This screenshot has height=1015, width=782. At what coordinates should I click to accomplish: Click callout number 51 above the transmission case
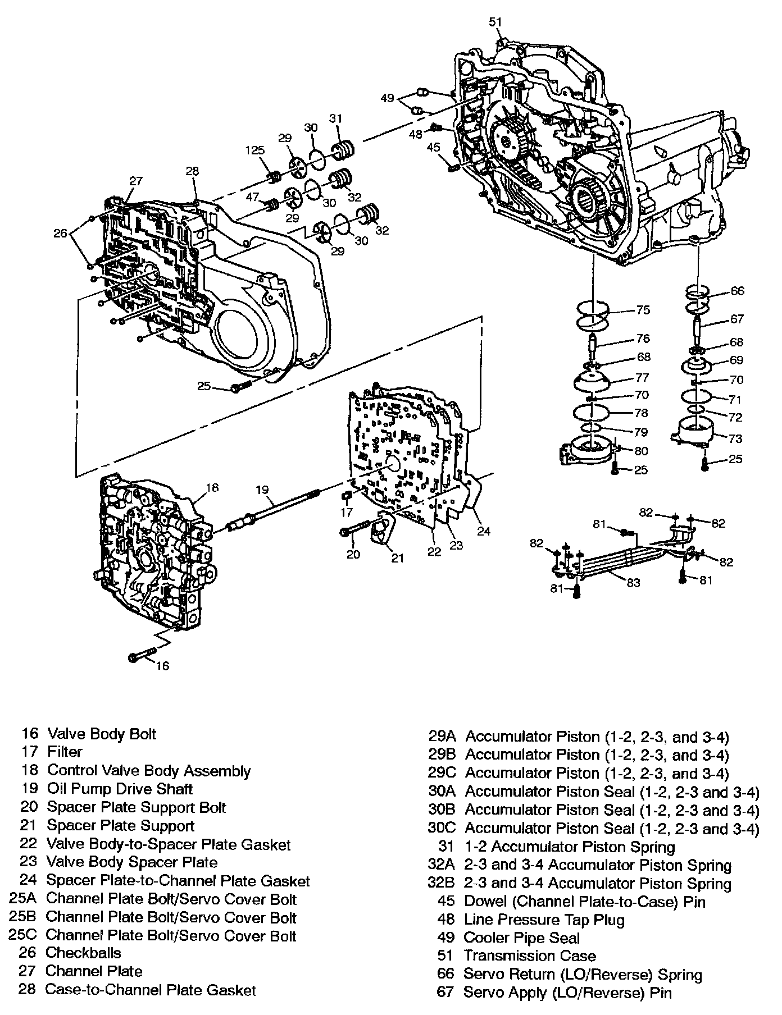(494, 22)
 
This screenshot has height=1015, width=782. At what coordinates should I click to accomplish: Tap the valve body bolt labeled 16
(143, 656)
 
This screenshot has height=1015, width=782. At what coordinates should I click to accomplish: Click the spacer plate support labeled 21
(384, 530)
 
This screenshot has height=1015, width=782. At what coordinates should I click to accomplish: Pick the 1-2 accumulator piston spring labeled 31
(344, 150)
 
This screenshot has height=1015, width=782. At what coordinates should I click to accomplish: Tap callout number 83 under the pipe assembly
(633, 583)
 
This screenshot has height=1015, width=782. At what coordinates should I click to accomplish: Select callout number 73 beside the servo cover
(735, 438)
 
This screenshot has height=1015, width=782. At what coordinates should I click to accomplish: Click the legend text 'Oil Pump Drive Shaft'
(120, 789)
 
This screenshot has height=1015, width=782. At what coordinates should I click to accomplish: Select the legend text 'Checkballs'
(83, 953)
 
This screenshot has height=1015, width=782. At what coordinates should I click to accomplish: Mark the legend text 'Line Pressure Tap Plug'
(544, 920)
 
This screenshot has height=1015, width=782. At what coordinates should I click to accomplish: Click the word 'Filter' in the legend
(65, 752)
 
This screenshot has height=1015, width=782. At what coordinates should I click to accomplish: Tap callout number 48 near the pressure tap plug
(415, 135)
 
